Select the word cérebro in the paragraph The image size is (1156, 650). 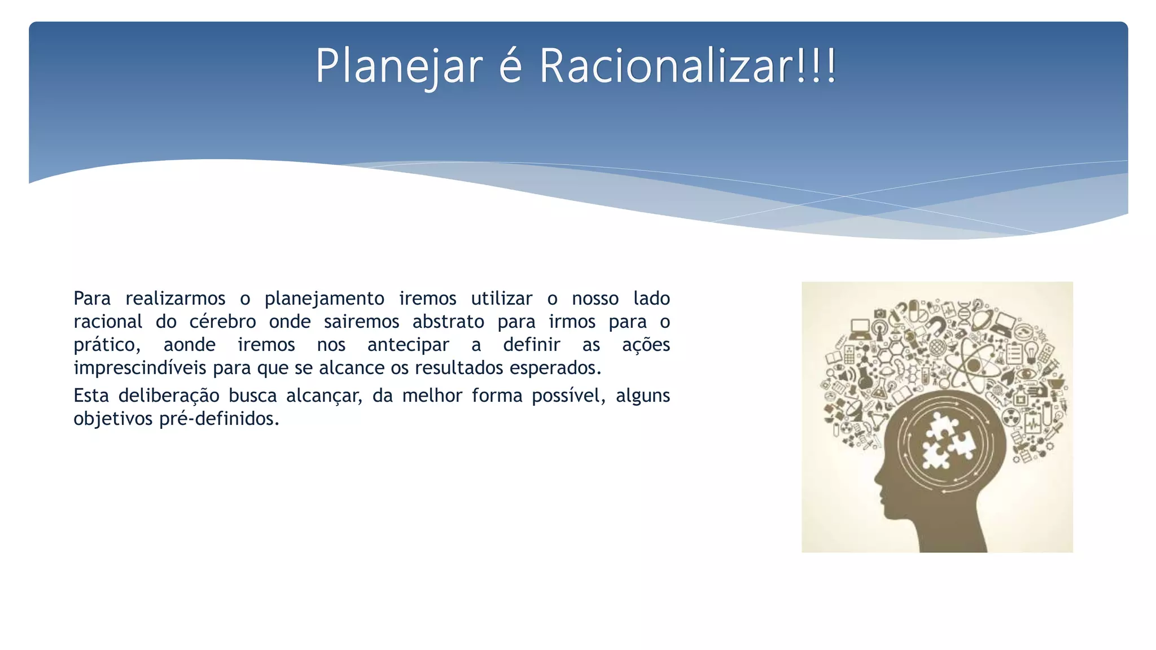tap(222, 322)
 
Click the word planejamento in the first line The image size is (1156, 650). tap(324, 298)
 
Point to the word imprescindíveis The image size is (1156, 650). tap(139, 368)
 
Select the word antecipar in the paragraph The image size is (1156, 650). tap(408, 345)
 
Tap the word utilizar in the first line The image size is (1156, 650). tap(501, 298)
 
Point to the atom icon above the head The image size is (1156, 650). tap(972, 365)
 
